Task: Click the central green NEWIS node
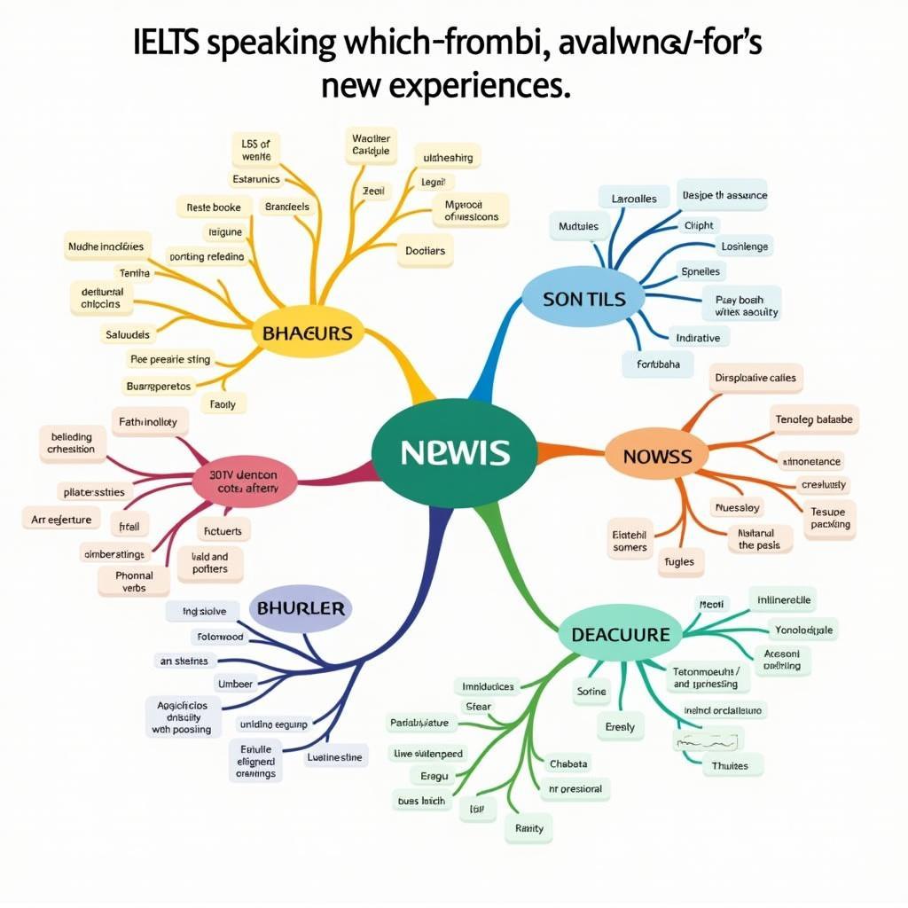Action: click(454, 452)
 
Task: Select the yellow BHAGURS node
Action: click(308, 333)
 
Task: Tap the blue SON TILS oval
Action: click(583, 299)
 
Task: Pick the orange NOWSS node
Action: click(657, 457)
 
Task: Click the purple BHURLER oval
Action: click(301, 609)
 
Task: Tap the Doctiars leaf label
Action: click(425, 251)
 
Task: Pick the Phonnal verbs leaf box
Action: click(135, 581)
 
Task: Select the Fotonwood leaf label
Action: click(218, 637)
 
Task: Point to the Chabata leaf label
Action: click(568, 763)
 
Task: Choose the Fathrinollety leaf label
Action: click(148, 422)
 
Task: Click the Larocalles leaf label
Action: click(634, 199)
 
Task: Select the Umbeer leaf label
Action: click(235, 684)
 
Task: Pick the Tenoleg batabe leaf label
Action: click(814, 419)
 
